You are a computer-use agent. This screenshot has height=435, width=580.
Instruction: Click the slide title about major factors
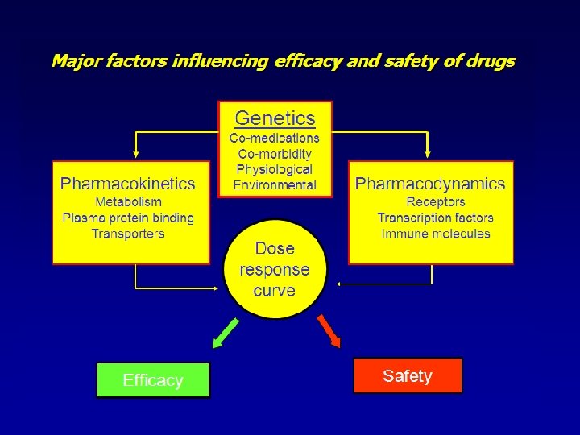(x=283, y=61)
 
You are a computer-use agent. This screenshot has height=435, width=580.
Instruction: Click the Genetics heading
(x=275, y=118)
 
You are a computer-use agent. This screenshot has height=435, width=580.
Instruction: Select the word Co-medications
(x=275, y=138)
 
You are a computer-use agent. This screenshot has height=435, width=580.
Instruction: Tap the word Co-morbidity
(x=275, y=153)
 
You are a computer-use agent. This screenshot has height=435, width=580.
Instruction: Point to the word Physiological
(x=275, y=169)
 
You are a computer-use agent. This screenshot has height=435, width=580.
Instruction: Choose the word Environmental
(x=275, y=184)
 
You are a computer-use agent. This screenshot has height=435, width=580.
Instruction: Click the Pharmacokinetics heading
(x=127, y=184)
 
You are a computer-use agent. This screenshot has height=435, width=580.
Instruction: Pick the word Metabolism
(x=128, y=201)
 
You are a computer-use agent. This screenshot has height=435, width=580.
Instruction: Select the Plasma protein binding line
(x=128, y=217)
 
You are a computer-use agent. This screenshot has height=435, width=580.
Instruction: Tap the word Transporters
(x=128, y=234)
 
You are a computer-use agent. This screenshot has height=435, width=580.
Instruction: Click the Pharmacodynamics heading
(x=430, y=184)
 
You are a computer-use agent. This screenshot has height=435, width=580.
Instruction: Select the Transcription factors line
(x=436, y=217)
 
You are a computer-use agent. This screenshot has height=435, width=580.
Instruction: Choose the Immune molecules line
(x=436, y=234)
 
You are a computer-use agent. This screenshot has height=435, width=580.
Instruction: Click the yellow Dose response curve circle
(x=275, y=269)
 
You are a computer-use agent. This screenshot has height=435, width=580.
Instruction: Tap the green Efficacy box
(x=153, y=380)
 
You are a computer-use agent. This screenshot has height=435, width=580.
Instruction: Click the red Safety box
(x=408, y=376)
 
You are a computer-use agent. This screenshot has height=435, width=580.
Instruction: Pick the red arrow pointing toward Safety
(x=329, y=331)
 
